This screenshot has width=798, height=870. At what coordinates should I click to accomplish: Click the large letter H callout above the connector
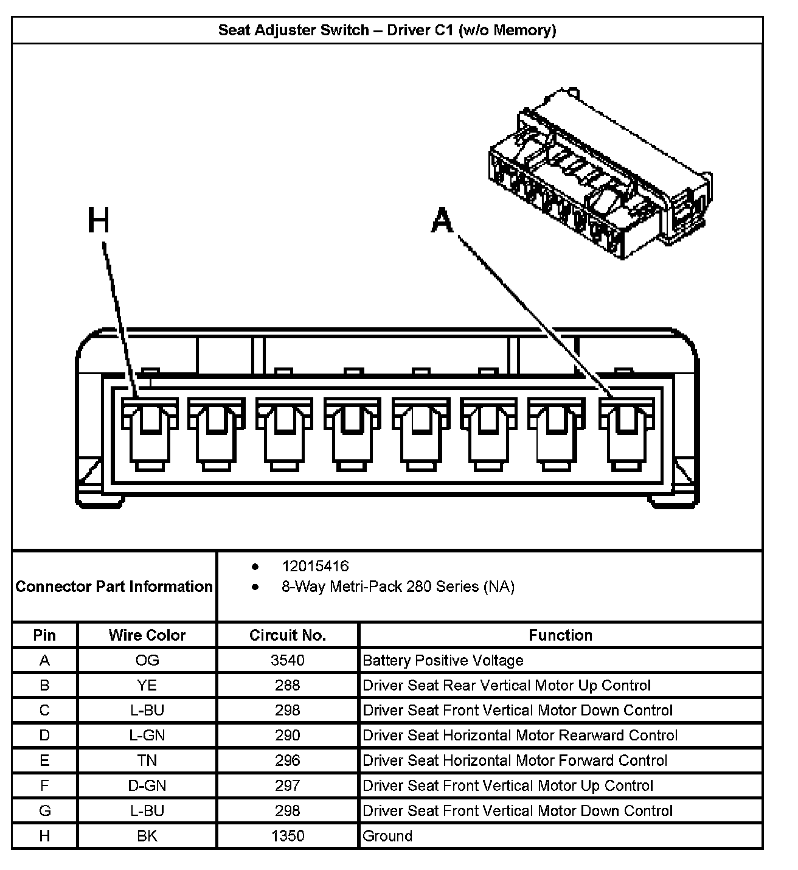[x=99, y=220]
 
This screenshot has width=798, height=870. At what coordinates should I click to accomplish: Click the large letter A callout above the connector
[x=442, y=220]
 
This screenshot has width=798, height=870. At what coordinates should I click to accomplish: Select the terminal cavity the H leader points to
[x=149, y=433]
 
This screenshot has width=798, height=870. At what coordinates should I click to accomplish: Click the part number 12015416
[x=315, y=566]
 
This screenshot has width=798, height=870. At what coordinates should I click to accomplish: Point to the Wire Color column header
[x=147, y=635]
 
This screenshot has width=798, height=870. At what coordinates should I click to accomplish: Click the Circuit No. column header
[x=288, y=635]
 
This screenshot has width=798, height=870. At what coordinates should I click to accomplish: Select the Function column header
[x=560, y=635]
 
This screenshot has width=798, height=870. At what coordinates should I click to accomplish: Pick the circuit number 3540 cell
[x=288, y=661]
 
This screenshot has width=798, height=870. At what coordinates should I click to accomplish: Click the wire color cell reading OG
[x=147, y=661]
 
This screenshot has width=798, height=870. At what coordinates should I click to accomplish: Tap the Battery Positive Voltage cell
[x=443, y=661]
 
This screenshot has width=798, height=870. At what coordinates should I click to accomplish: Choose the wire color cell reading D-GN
[x=147, y=786]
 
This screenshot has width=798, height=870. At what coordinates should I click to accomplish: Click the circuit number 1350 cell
[x=288, y=836]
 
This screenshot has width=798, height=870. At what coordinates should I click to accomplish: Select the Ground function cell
[x=387, y=836]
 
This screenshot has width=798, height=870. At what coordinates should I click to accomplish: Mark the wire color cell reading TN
[x=147, y=761]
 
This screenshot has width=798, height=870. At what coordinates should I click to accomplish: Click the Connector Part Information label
[x=114, y=586]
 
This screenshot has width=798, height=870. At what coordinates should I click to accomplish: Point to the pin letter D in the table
[x=44, y=736]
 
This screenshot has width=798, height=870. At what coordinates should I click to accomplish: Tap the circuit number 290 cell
[x=288, y=736]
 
